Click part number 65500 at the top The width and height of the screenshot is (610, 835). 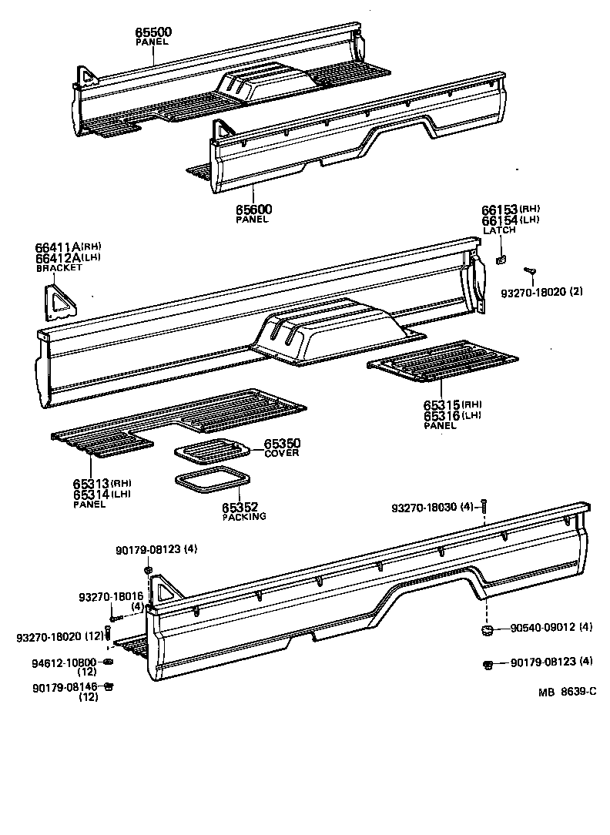click(154, 32)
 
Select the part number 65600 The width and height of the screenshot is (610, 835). click(253, 210)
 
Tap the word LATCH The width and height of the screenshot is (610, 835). click(498, 230)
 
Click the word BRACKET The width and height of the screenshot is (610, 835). click(59, 268)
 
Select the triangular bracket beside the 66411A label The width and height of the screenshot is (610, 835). click(59, 302)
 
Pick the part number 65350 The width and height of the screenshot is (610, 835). click(282, 444)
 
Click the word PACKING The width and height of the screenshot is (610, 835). click(244, 516)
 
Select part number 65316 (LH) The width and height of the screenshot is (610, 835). click(442, 416)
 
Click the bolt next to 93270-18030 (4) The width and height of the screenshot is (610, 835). click(484, 505)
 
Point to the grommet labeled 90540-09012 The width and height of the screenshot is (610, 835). click(487, 631)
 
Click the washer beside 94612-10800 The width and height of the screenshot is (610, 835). click(108, 662)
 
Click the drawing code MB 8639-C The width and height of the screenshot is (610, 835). click(567, 692)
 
